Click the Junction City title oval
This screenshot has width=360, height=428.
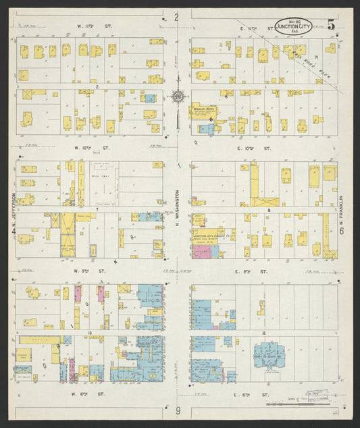(x=294, y=27)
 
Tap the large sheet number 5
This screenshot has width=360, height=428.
(x=331, y=25)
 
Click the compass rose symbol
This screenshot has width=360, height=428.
(x=178, y=97)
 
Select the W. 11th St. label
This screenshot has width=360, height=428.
(x=88, y=26)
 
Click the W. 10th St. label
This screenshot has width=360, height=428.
(x=88, y=147)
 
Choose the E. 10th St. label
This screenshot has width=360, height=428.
(x=257, y=147)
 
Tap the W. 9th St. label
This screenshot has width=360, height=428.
(x=88, y=270)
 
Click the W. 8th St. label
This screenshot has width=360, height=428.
(x=88, y=392)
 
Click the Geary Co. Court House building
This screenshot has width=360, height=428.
(x=269, y=354)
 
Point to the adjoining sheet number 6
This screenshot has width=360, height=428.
(x=342, y=232)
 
